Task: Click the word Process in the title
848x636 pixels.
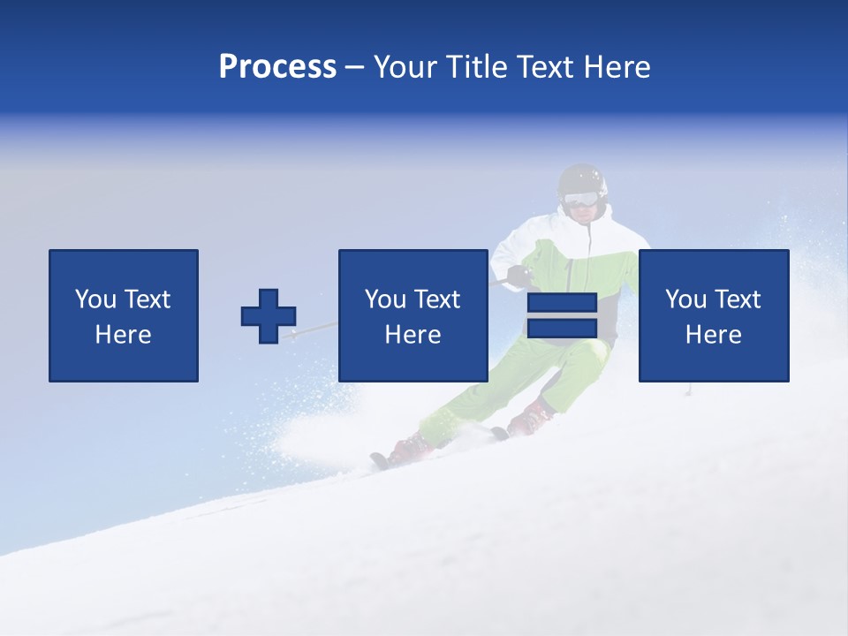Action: [277, 67]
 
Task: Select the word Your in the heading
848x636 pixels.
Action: [407, 67]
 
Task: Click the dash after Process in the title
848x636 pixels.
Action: [355, 68]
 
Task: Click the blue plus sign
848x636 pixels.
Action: [269, 316]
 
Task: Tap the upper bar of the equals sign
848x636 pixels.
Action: [562, 303]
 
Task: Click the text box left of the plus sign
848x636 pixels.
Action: [124, 315]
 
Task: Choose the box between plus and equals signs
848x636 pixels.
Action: [413, 315]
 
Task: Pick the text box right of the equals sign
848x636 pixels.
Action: [714, 315]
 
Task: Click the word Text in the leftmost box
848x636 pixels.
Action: [147, 299]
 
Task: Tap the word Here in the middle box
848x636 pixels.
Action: [413, 335]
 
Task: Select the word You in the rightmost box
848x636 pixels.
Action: [685, 299]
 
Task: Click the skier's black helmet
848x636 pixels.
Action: [583, 179]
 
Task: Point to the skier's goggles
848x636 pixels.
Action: [581, 200]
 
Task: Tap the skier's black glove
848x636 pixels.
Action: [520, 276]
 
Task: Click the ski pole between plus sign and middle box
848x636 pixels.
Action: [314, 329]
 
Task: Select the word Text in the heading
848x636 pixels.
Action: [541, 67]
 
